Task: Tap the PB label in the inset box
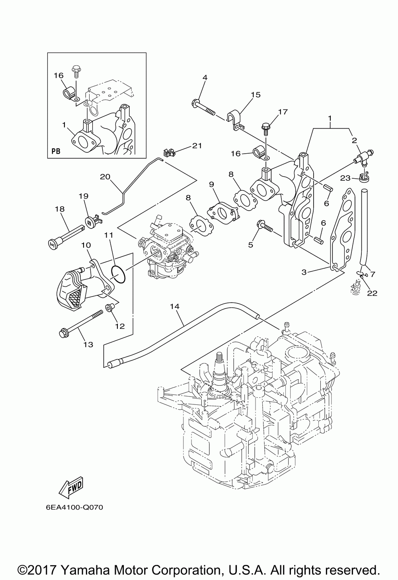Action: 56,152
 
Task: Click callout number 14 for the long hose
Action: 174,307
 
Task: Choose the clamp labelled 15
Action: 236,120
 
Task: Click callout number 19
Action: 83,196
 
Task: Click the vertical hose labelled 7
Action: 363,227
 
